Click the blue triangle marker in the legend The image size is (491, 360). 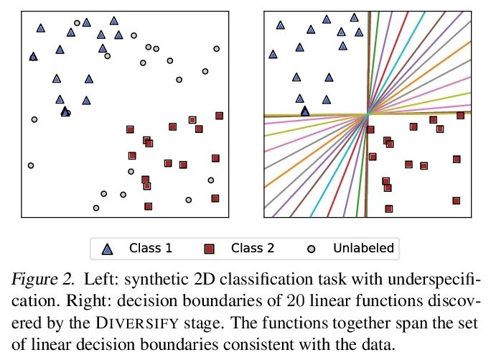pos(108,249)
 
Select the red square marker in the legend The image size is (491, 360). pos(210,249)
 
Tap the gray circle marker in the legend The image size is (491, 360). pos(311,249)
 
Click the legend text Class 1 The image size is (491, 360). pos(150,249)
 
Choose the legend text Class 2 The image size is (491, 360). pos(252,249)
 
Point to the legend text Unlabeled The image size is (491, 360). pos(363,249)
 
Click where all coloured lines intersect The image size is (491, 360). pos(368,114)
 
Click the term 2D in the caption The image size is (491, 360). pos(195,277)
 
